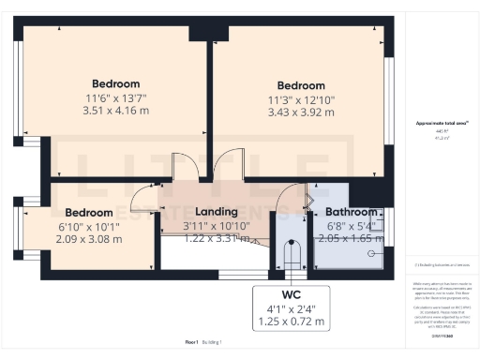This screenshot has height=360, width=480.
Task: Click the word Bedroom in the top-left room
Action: (115, 83)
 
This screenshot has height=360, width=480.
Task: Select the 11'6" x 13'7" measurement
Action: (115, 97)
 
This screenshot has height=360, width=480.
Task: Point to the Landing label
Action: (216, 213)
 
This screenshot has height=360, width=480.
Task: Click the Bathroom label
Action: (352, 213)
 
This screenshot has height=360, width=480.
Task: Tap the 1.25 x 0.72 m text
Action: (291, 322)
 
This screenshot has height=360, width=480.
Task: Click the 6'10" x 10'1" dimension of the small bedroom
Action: (90, 226)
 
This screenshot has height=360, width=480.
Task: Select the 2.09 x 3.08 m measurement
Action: (90, 239)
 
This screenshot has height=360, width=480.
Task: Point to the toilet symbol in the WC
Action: (292, 255)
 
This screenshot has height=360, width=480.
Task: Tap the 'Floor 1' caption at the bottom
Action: (191, 343)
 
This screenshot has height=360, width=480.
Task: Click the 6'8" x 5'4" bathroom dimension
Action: (352, 226)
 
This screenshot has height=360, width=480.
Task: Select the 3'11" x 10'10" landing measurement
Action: (216, 226)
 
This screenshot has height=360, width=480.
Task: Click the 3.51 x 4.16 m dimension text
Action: (115, 112)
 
